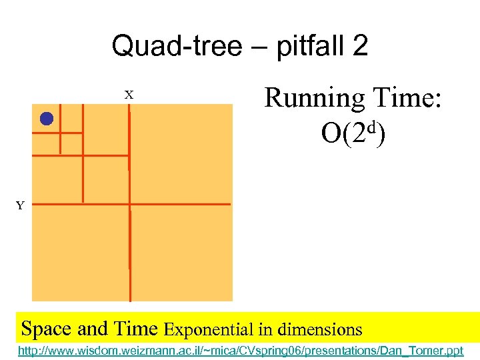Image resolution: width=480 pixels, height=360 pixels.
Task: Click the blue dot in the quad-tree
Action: click(46, 119)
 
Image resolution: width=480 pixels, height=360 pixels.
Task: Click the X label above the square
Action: click(129, 95)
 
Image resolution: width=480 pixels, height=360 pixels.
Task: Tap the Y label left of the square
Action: click(20, 205)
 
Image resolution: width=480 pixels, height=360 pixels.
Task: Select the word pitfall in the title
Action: click(297, 47)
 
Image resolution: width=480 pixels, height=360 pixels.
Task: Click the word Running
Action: click(314, 99)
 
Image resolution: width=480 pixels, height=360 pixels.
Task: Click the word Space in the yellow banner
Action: click(47, 329)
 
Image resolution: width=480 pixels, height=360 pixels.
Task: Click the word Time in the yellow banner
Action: click(135, 329)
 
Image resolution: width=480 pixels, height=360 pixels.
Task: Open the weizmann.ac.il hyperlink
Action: click(240, 350)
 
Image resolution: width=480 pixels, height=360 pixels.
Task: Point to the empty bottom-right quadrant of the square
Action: click(181, 252)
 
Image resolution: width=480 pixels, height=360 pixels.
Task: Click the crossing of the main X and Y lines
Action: click(129, 203)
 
